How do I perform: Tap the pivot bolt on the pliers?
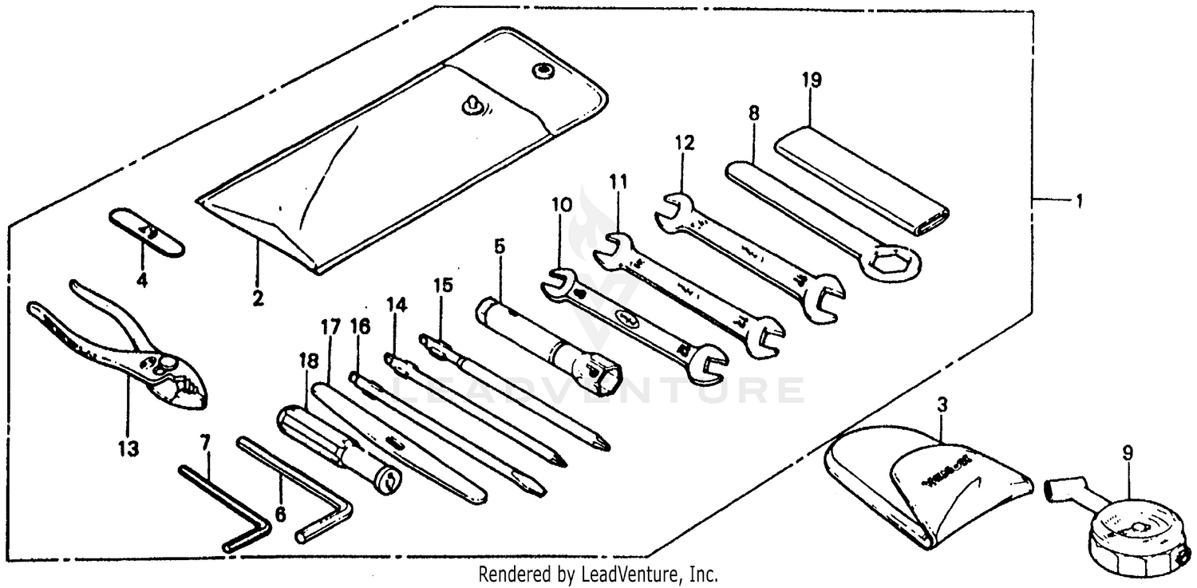(166, 364)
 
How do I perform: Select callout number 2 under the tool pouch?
(257, 299)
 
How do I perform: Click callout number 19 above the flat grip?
(812, 80)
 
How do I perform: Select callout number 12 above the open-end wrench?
(684, 144)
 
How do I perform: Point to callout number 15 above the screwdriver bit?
(443, 285)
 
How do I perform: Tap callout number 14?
(396, 304)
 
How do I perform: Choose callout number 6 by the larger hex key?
(280, 514)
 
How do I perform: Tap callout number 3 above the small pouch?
(942, 404)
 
